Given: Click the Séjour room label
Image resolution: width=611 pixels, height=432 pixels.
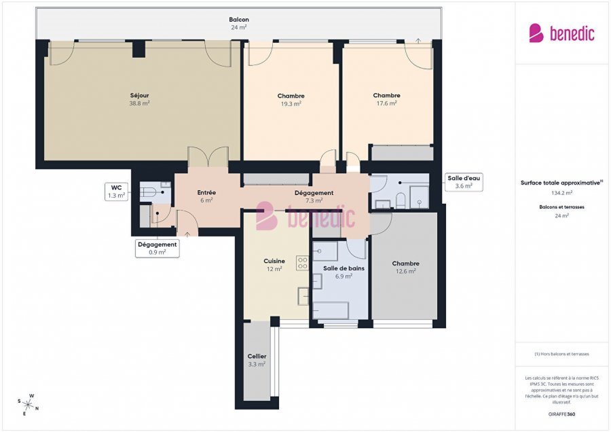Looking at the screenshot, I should [x=139, y=95].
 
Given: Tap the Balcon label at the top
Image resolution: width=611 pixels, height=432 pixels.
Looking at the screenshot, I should [x=238, y=20].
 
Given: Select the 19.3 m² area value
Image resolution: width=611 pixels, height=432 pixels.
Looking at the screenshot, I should [x=291, y=104].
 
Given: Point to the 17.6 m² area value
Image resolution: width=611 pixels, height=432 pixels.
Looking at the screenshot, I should [x=386, y=104].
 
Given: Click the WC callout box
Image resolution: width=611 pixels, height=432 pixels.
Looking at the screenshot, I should [x=116, y=192].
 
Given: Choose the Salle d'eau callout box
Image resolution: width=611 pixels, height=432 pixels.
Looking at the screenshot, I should [x=463, y=182].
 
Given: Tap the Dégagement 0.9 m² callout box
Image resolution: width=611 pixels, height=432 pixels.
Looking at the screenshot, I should [x=158, y=248].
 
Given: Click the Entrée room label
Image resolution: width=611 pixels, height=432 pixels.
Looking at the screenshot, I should [x=206, y=192].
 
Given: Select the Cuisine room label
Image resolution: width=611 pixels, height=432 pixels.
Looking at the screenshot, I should [x=274, y=261].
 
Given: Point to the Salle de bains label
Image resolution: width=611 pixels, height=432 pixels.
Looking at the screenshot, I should [x=344, y=268].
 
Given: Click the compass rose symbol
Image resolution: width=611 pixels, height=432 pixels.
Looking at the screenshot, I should [x=28, y=404].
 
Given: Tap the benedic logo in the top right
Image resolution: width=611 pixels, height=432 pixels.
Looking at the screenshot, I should [x=561, y=33].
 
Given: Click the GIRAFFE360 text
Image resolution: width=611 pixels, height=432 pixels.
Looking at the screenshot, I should [x=561, y=414].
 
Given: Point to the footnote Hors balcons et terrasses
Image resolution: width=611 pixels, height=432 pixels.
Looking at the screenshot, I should [x=561, y=354].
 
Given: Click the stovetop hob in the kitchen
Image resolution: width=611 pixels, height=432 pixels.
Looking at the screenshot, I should [x=302, y=264].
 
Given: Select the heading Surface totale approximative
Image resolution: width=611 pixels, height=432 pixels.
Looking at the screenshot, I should [x=561, y=183].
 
